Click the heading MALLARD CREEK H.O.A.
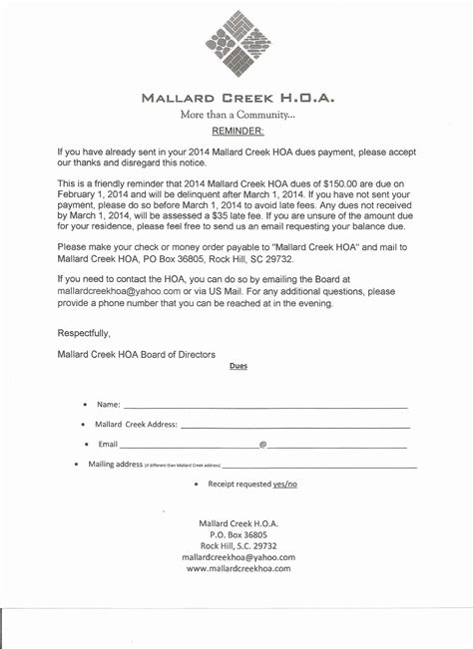[x=236, y=99]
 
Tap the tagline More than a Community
[x=237, y=116]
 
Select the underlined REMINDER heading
[x=237, y=131]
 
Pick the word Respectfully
[x=85, y=333]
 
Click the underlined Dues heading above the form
[x=238, y=366]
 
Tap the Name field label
[x=108, y=405]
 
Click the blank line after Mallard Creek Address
[x=294, y=425]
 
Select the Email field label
[x=108, y=444]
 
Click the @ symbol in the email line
[x=262, y=444]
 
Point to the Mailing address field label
[x=116, y=465]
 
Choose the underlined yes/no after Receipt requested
[x=285, y=484]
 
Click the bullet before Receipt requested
[x=197, y=484]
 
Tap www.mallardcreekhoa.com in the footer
[x=237, y=568]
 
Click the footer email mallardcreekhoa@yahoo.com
[x=237, y=557]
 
